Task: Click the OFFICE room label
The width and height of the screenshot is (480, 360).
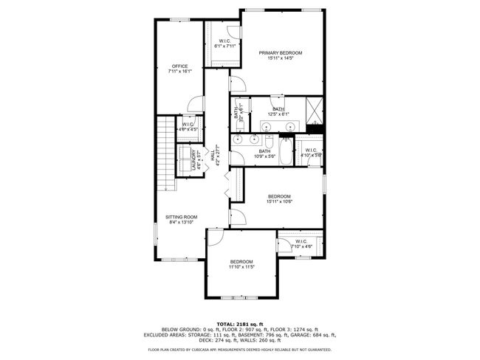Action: (179, 66)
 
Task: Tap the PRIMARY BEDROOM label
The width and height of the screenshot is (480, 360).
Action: (280, 53)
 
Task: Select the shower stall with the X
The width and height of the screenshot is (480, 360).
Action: (315, 111)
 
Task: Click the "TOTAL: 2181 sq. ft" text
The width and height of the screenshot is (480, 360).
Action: (239, 324)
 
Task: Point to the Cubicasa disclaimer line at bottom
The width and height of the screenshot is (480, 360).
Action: (239, 349)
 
